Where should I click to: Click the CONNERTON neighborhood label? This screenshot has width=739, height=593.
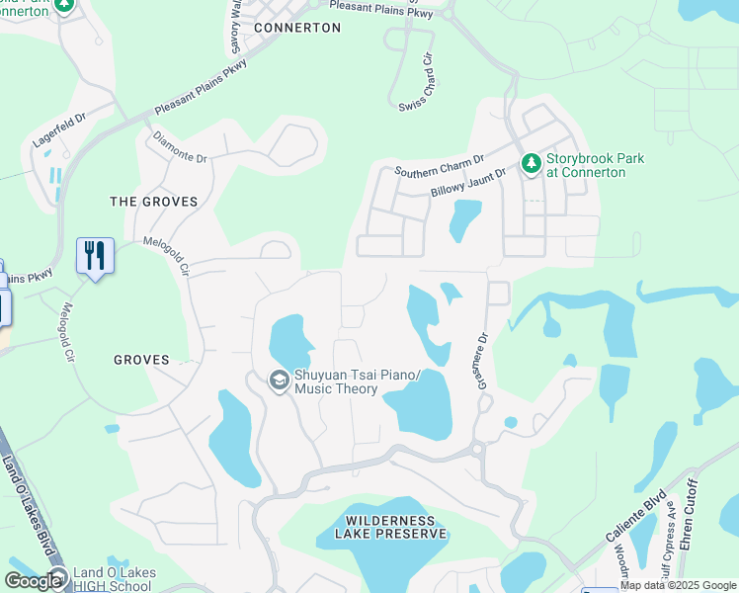pos(296,28)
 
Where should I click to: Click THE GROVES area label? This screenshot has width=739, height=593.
pos(153,202)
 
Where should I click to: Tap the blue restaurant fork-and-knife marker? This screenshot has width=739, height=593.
pos(95,256)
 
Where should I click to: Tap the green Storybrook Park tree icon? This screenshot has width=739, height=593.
pos(531,162)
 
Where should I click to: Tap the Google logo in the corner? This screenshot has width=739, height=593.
pos(33,581)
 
